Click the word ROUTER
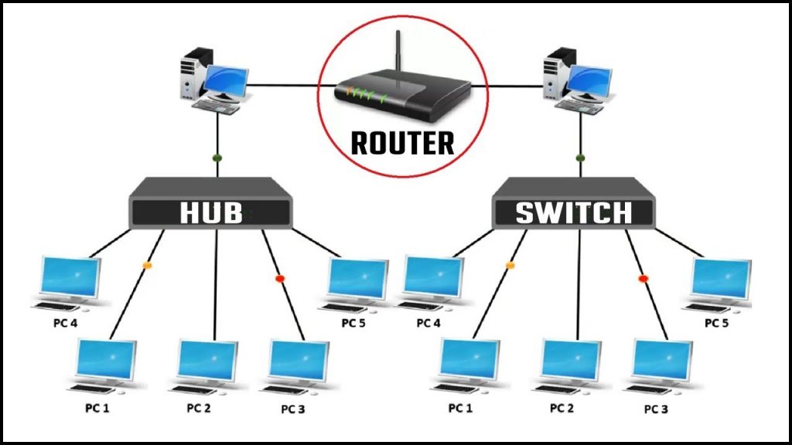coord(402,143)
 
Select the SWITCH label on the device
coord(573,212)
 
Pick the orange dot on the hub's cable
coord(146,265)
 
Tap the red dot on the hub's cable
coord(280,277)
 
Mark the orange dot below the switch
coord(510,265)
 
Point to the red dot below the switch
coord(643,277)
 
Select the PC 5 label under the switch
coord(715,323)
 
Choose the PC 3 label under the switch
coord(655,408)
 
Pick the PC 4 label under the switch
coord(428,323)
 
